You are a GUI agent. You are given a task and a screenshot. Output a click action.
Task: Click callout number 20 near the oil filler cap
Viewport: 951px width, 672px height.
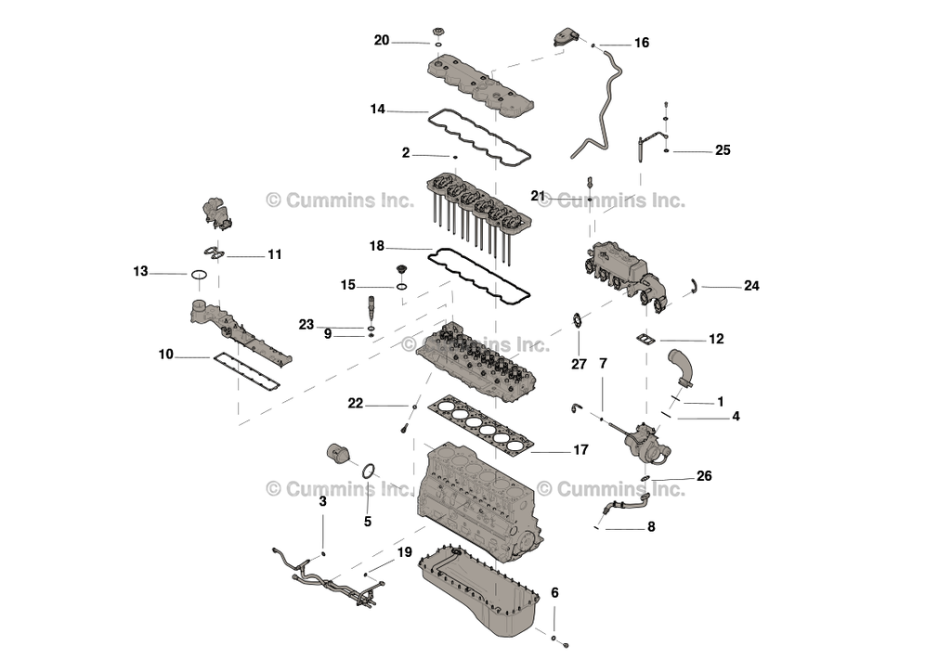click(x=382, y=40)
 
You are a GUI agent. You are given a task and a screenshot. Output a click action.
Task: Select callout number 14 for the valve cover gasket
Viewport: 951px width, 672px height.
click(x=377, y=110)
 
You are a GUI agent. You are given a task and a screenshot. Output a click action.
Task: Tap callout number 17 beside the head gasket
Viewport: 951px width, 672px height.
click(x=580, y=450)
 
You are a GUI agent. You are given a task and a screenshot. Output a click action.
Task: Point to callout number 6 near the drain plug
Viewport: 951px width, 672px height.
click(x=554, y=593)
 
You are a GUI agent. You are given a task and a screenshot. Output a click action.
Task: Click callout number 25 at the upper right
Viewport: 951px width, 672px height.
click(x=723, y=150)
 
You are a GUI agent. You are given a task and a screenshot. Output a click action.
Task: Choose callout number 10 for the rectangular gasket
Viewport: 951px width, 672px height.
click(x=165, y=355)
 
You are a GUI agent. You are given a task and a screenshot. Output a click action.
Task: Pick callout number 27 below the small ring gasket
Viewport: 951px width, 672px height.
click(x=579, y=365)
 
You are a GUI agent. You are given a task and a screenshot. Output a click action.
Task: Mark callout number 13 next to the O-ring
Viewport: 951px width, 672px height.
click(x=140, y=272)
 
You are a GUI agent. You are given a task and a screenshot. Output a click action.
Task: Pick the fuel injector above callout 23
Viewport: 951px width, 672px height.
click(x=371, y=306)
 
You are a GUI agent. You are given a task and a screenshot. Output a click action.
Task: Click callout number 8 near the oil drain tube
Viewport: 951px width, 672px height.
click(x=651, y=526)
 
